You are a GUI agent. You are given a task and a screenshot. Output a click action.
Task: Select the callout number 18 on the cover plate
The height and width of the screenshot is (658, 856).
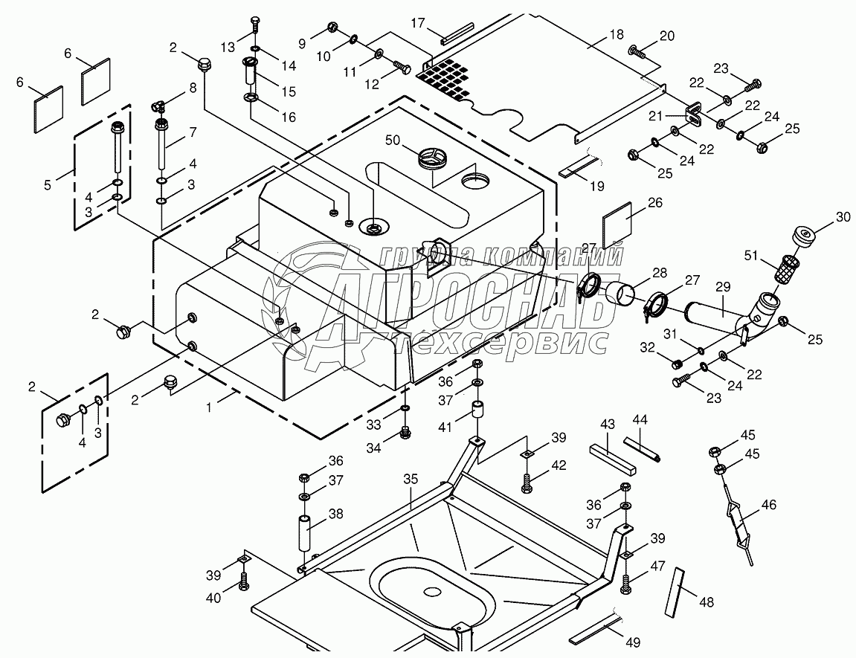617,35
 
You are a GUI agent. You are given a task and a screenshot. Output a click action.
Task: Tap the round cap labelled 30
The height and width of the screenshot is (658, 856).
803,236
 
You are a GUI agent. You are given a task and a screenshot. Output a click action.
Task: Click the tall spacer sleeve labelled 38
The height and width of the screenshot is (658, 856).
303,533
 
